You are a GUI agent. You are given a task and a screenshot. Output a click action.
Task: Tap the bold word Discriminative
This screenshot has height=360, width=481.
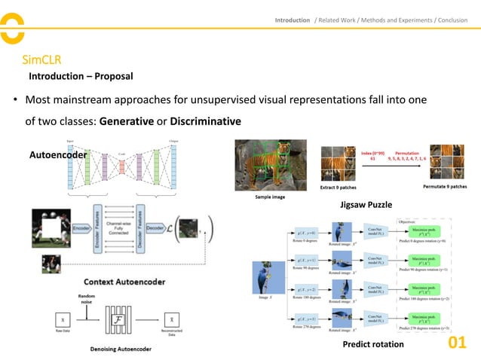pyautogui.click(x=205, y=121)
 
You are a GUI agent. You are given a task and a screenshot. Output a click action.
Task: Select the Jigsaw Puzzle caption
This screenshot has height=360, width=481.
pyautogui.click(x=366, y=204)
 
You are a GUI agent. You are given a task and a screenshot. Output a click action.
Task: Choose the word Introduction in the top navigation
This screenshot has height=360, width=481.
pyautogui.click(x=292, y=20)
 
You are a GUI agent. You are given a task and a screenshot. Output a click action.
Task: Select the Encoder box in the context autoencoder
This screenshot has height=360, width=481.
pyautogui.click(x=78, y=227)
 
